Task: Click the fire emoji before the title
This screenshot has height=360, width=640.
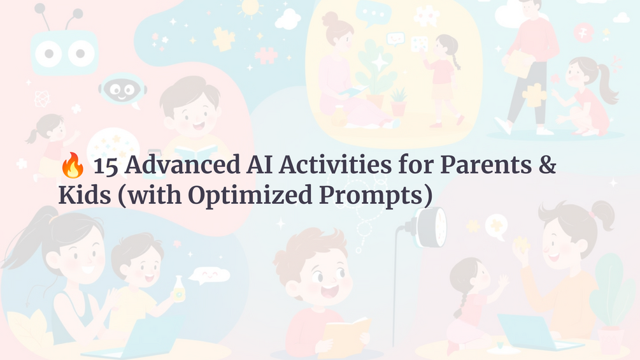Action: tap(71, 167)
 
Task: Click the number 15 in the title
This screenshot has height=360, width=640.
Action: tap(104, 166)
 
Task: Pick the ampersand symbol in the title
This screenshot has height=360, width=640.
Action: tap(546, 166)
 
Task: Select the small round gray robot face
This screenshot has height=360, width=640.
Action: tap(122, 89)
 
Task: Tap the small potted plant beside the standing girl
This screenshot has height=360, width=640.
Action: tap(399, 102)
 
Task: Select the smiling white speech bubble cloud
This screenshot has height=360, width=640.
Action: tap(209, 275)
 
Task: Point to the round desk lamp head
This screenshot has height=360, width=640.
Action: tap(433, 226)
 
